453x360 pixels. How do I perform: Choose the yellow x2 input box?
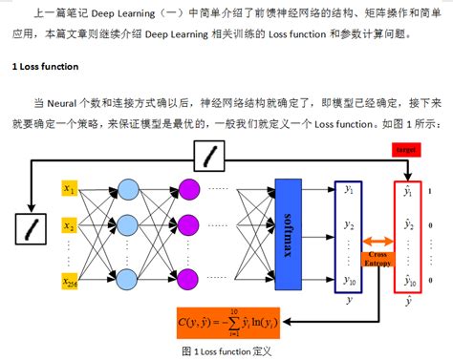[69, 227]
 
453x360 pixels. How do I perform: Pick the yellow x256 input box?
[69, 281]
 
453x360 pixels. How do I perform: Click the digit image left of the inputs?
[32, 227]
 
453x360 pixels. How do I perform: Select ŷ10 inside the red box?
[408, 281]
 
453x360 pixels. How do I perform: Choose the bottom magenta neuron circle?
[191, 281]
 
